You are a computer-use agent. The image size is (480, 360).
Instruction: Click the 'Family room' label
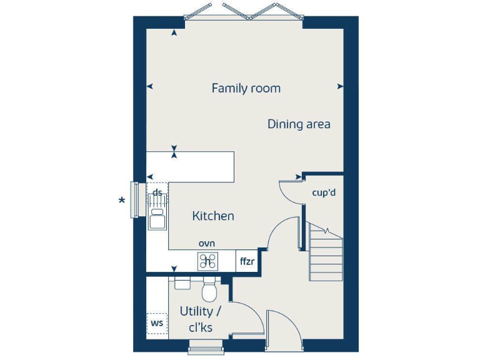(x=246, y=88)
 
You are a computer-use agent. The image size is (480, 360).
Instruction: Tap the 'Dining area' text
(x=299, y=124)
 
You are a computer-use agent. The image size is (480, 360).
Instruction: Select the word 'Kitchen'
(x=213, y=216)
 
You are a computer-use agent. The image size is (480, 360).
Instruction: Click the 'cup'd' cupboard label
(x=324, y=192)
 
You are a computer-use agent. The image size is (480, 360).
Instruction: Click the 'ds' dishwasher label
(x=157, y=192)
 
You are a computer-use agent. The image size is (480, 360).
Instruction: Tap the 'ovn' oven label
(x=207, y=242)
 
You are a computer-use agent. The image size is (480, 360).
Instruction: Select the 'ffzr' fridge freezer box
(x=247, y=261)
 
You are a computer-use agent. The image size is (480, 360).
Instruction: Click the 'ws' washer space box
(x=157, y=323)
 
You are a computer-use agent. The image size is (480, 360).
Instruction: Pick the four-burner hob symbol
(x=207, y=261)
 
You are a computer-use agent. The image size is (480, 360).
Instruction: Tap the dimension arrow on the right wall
(x=339, y=86)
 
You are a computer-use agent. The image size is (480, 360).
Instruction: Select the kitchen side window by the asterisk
(x=133, y=200)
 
